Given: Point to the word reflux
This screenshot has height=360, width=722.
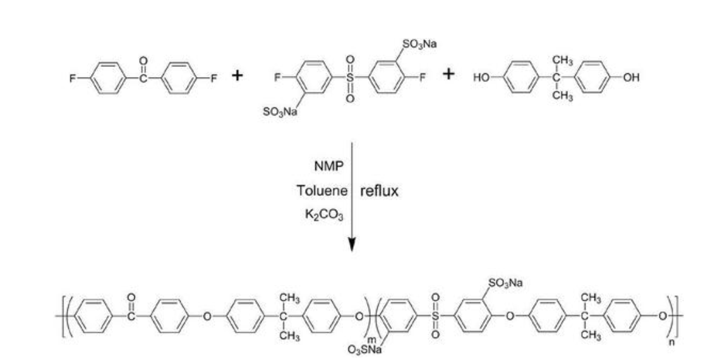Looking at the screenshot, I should tap(379, 191).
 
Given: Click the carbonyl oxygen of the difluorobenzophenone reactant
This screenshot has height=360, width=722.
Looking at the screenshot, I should tap(143, 61).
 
